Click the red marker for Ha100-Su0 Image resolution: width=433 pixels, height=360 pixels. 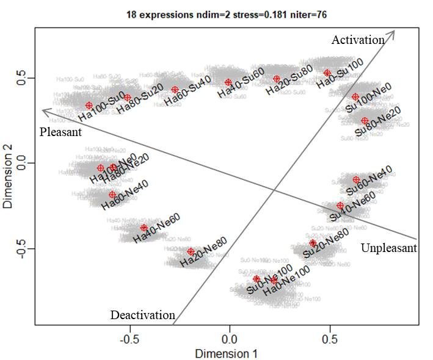89,106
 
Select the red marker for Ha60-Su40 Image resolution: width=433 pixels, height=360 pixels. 175,90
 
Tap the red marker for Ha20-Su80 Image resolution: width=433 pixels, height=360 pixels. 277,79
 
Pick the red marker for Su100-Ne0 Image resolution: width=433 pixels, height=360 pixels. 355,96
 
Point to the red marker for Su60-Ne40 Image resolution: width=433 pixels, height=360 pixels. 356,179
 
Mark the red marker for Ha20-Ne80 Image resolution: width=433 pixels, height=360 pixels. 191,251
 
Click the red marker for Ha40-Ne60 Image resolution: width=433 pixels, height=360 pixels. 144,228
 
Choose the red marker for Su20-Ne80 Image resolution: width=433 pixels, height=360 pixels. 313,243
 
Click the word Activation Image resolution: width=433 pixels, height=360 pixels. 358,40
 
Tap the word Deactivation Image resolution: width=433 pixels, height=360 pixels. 142,315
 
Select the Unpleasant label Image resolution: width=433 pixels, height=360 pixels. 388,248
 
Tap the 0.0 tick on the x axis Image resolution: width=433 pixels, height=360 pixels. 230,338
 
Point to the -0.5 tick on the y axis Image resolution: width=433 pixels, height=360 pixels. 23,248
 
